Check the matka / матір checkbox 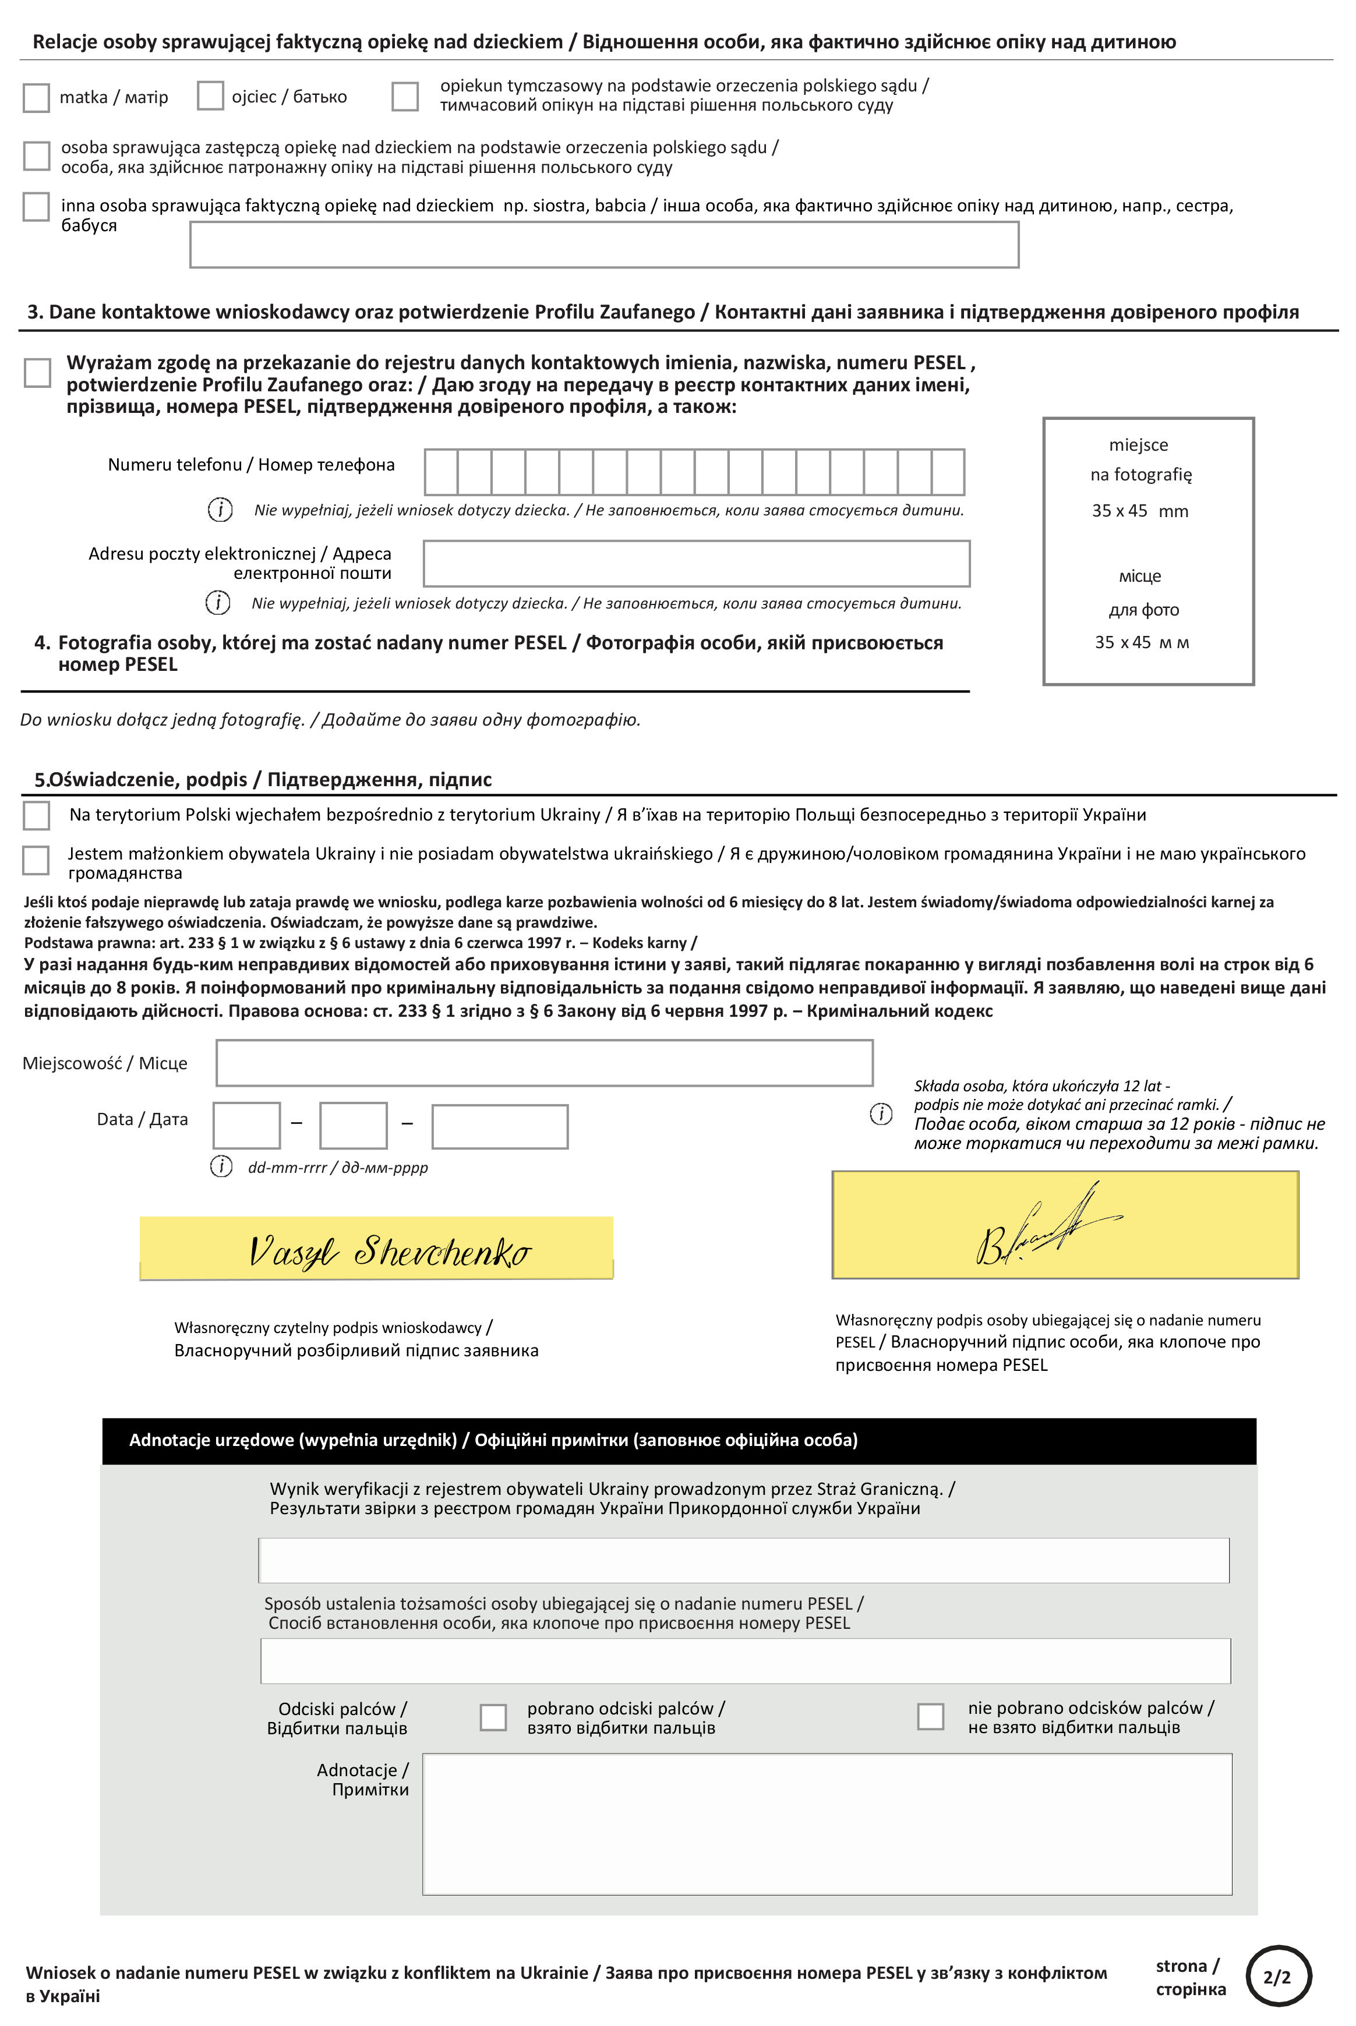[36, 98]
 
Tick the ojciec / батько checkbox [210, 96]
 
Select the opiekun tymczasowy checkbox [405, 97]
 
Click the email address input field [696, 564]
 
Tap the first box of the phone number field [441, 472]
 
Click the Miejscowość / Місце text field [544, 1063]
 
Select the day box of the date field [246, 1126]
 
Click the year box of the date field [500, 1127]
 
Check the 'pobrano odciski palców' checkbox [493, 1717]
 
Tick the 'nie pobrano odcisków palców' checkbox [931, 1716]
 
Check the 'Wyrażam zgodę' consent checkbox [37, 373]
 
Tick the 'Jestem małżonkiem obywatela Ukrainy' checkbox [36, 860]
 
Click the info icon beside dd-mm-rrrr [221, 1166]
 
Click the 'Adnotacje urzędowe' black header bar [679, 1440]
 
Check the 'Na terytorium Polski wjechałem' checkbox [36, 815]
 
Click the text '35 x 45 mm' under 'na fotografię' [1140, 511]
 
